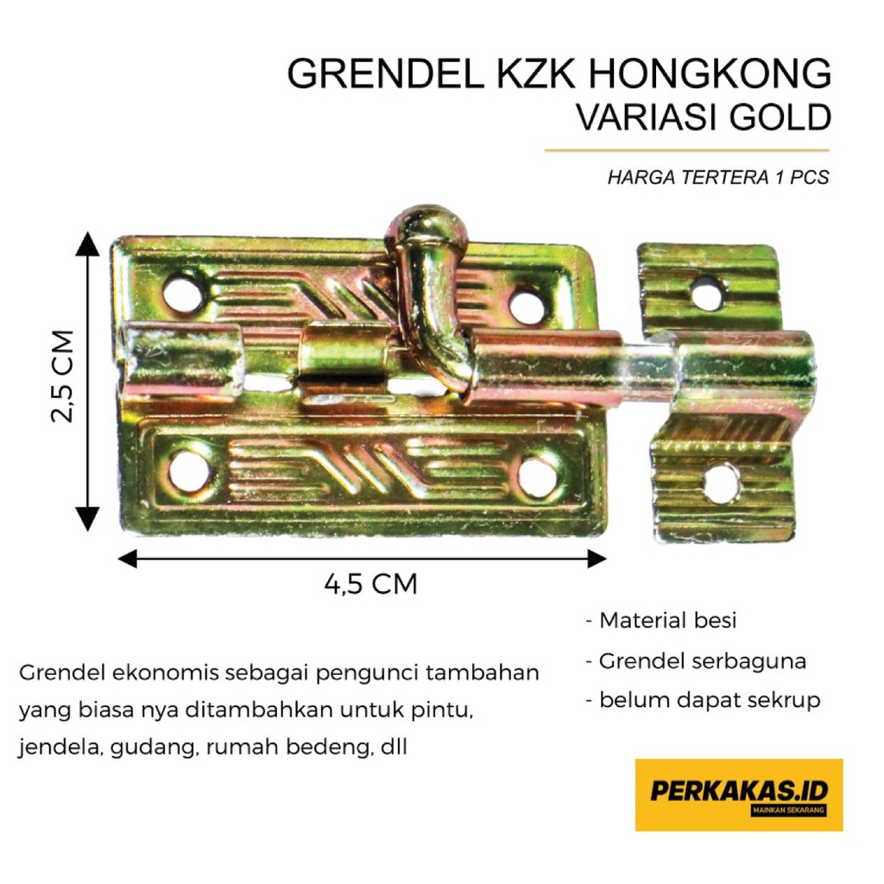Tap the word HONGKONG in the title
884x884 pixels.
[x=710, y=75]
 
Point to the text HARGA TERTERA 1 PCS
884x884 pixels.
[x=717, y=178]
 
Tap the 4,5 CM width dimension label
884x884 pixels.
[x=371, y=584]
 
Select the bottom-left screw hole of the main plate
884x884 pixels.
[x=188, y=471]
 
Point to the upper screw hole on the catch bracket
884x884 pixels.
[x=708, y=295]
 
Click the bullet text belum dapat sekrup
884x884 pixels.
[x=703, y=700]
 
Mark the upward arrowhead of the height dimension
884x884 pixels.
[x=87, y=244]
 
